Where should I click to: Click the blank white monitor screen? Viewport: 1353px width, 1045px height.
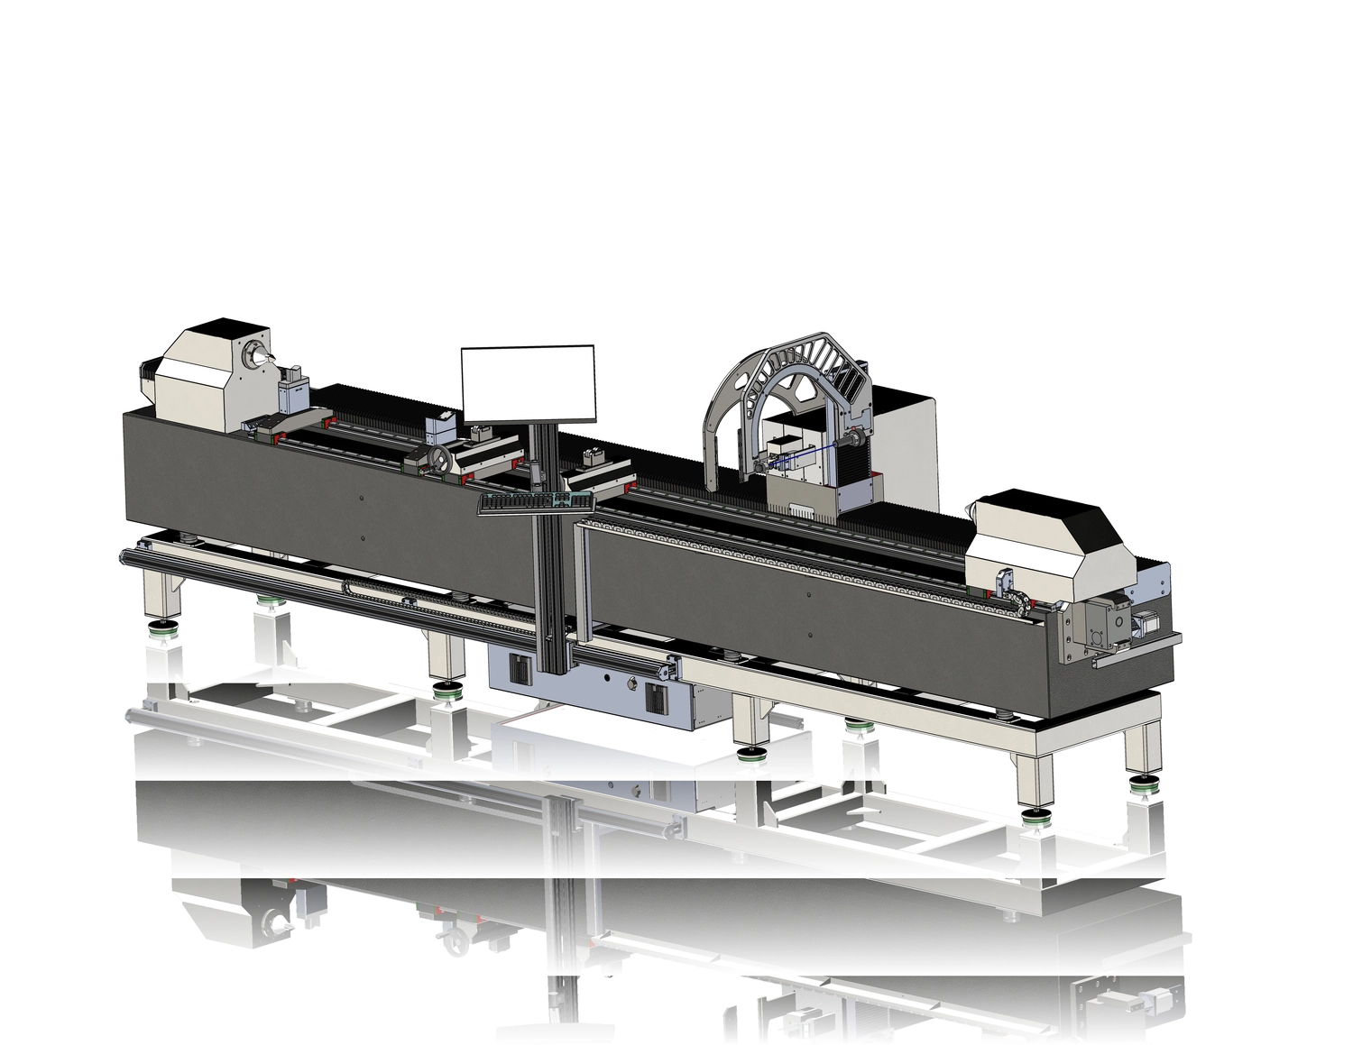click(529, 383)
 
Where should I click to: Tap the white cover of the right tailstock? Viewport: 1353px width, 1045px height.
click(1046, 541)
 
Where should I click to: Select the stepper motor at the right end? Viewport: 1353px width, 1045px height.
click(1142, 622)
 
